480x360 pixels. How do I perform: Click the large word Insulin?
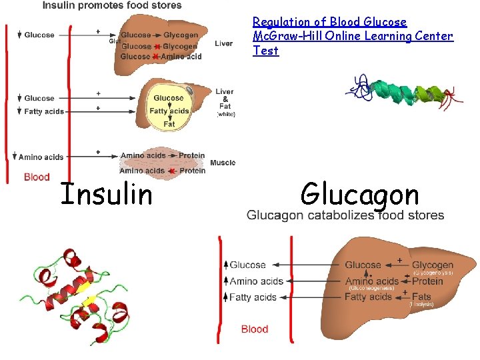coord(107,195)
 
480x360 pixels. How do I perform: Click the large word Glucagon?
coord(359,195)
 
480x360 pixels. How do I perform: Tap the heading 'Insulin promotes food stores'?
coord(112,5)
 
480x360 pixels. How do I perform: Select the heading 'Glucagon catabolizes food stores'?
coord(345,215)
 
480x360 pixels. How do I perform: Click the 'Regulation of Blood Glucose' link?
coord(329,23)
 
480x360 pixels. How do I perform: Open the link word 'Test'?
coord(265,51)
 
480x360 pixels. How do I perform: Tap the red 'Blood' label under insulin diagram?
coord(37,177)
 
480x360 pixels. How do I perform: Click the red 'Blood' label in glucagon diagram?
coord(255,329)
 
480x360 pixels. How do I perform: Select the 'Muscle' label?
coord(223,163)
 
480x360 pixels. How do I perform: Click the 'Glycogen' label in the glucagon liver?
coord(433,265)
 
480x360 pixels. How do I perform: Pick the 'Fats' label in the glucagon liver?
coord(421,297)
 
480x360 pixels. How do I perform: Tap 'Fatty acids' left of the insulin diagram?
coord(44,111)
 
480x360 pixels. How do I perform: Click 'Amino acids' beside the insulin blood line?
coord(41,157)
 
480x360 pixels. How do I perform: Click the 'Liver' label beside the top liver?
coord(224,44)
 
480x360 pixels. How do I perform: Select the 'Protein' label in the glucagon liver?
coord(427,281)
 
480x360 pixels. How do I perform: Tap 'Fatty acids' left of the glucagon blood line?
coord(253,297)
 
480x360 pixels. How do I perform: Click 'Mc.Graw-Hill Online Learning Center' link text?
coord(353,37)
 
